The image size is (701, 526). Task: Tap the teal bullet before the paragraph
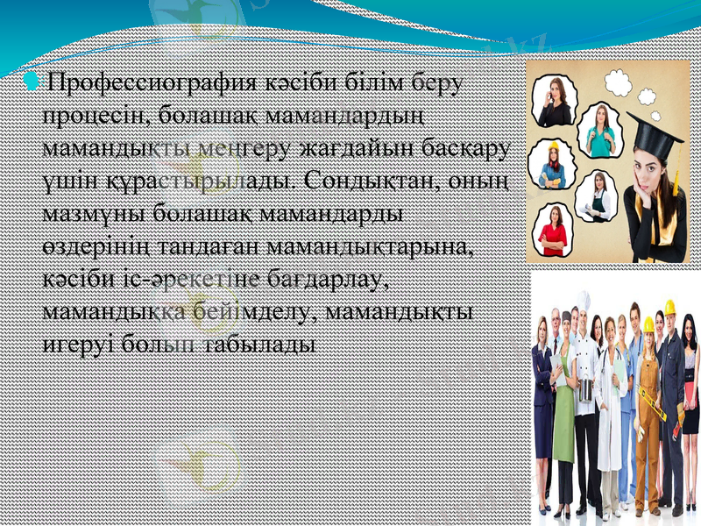click(32, 82)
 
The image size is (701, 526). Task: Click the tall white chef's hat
click(584, 302)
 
